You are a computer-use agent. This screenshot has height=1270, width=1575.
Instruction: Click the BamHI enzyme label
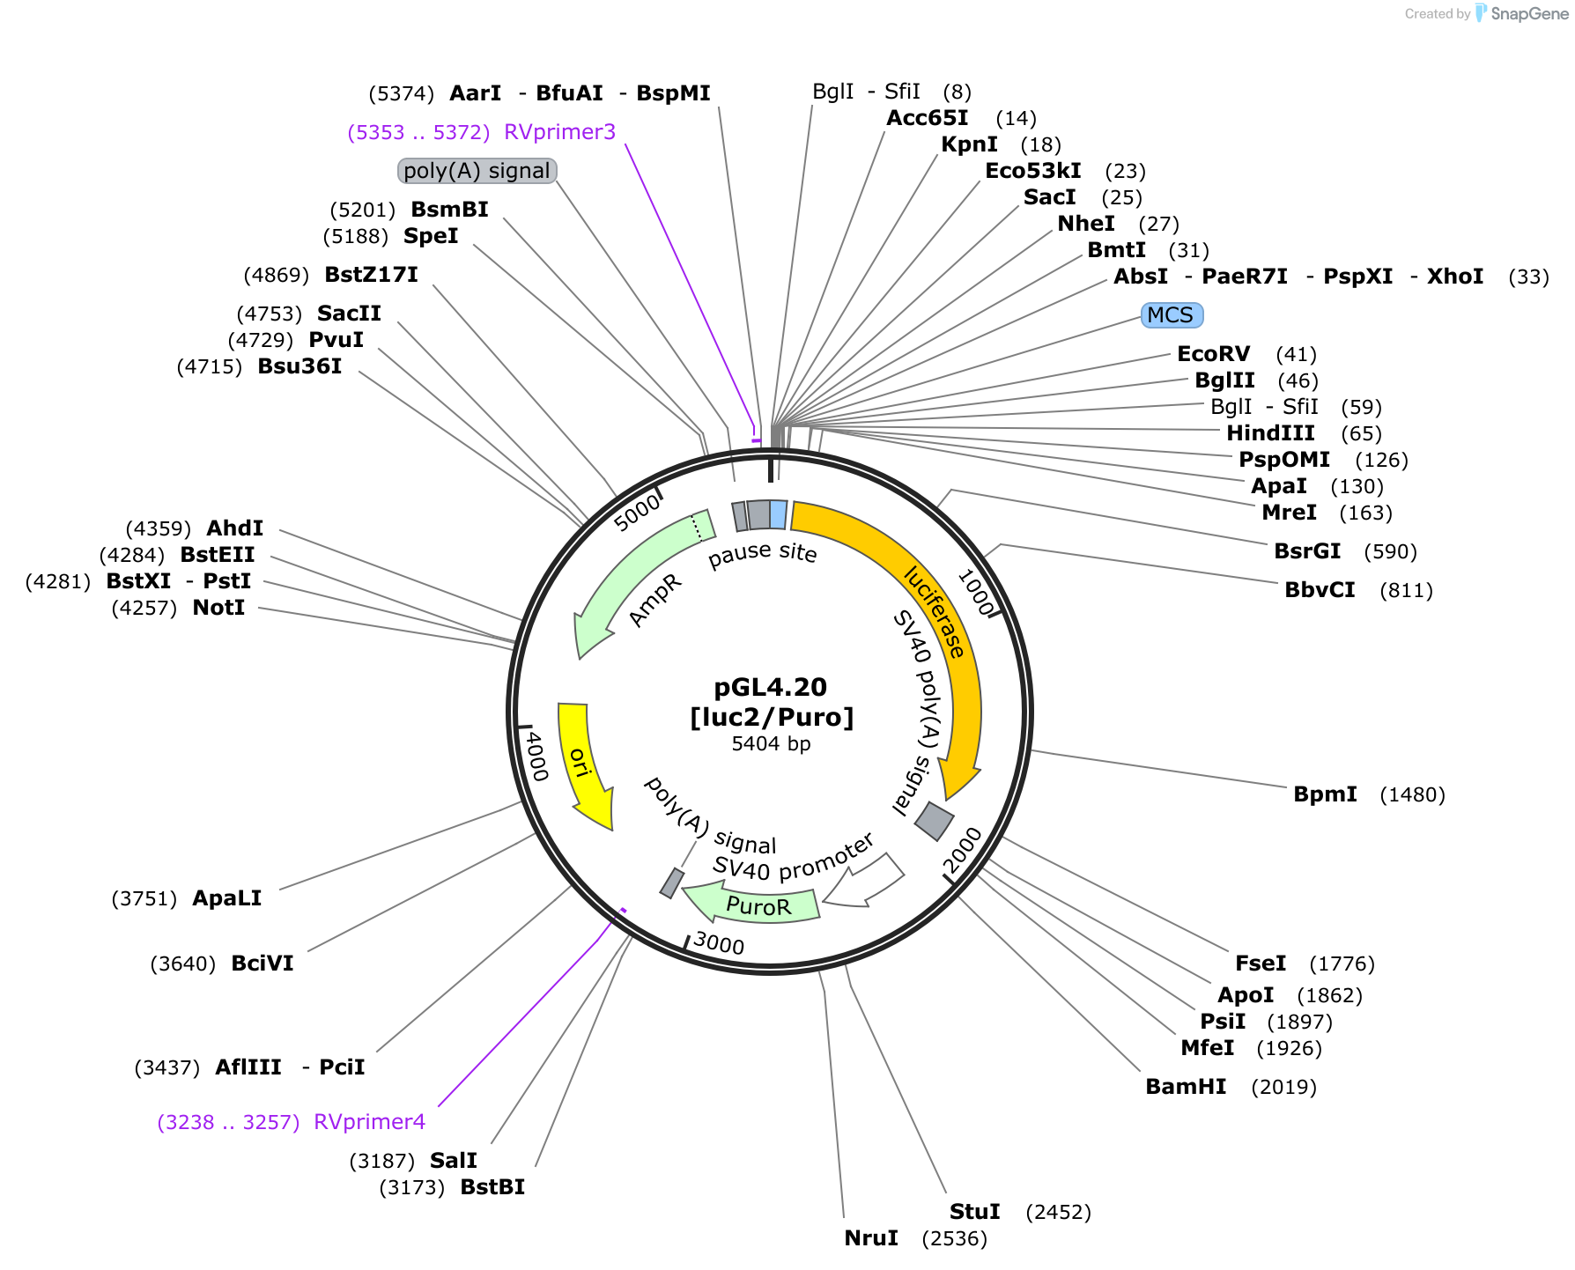click(x=1185, y=1087)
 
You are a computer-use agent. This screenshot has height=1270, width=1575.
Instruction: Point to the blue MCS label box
click(x=1171, y=315)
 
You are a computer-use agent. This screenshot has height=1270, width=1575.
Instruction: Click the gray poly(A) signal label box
click(x=477, y=171)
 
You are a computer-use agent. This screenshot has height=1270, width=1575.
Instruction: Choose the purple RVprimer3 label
click(x=559, y=132)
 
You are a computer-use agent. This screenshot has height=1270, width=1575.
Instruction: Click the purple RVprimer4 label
click(x=369, y=1122)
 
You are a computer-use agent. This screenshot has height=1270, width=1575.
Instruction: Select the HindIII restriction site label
click(x=1270, y=433)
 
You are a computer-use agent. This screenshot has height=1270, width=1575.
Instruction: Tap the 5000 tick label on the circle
click(x=637, y=513)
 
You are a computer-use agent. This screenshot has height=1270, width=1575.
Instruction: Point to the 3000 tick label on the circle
click(x=719, y=943)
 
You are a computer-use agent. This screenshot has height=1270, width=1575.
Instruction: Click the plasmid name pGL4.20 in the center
click(x=771, y=687)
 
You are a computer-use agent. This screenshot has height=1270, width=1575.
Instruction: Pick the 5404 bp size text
click(x=771, y=744)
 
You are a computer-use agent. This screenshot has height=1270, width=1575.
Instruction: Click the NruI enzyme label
click(x=871, y=1238)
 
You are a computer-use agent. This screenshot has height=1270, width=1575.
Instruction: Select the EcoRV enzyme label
click(x=1213, y=354)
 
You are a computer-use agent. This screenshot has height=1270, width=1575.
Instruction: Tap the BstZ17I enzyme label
click(x=371, y=275)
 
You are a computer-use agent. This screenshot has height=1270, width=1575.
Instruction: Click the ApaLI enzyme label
click(x=226, y=898)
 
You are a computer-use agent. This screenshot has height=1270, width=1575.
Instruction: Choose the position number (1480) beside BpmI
click(x=1412, y=794)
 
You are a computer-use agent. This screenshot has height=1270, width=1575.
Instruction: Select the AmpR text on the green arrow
click(x=655, y=602)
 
